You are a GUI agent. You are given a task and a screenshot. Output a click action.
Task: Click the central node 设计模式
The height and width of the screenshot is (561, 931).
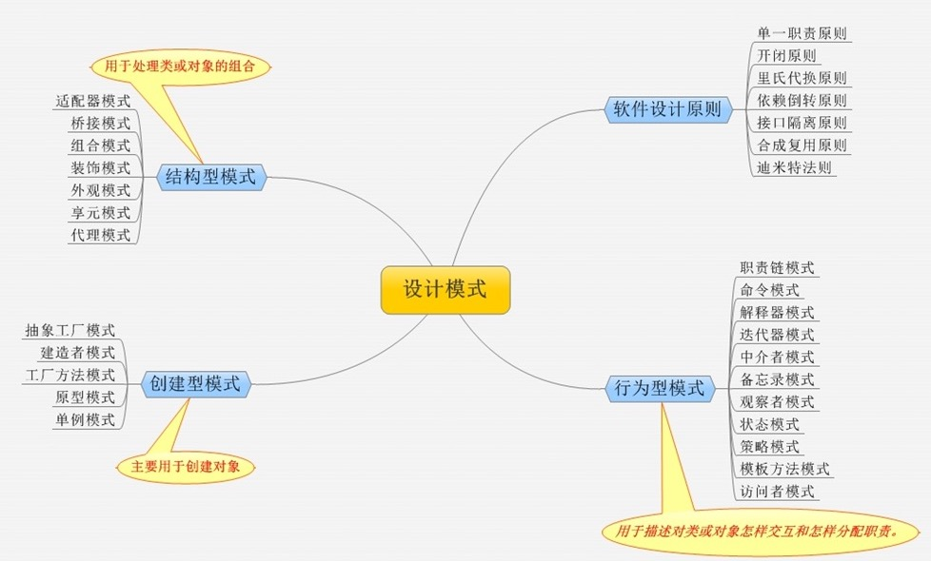[446, 290]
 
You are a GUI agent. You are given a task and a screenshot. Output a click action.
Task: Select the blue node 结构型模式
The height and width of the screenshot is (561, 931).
[210, 176]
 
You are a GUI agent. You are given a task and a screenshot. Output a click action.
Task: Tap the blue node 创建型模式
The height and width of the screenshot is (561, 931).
[196, 384]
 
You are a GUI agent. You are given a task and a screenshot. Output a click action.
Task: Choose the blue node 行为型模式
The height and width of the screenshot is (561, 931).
[659, 388]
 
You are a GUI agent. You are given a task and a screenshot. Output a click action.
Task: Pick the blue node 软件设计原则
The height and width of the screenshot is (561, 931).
[668, 108]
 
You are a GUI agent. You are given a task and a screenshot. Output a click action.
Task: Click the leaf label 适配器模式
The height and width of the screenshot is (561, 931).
[93, 99]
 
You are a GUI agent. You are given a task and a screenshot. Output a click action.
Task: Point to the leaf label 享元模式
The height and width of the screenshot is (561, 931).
[100, 212]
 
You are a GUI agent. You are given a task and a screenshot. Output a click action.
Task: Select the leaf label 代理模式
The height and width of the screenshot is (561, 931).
[100, 235]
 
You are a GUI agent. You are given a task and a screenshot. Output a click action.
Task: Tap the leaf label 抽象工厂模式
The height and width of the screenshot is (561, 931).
[69, 330]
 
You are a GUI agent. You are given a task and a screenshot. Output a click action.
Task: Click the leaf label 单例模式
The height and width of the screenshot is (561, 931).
[85, 418]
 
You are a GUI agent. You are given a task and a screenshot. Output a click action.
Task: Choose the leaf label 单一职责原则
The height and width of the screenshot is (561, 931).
[801, 32]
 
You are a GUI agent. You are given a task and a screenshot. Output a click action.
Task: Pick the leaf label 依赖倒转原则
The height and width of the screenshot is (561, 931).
[801, 100]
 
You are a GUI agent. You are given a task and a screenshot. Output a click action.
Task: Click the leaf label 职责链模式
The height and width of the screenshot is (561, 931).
[777, 268]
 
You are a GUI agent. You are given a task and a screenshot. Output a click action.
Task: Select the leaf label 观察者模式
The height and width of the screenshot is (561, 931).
[777, 402]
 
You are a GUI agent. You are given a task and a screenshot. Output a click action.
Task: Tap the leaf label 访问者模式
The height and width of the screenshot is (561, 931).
[777, 492]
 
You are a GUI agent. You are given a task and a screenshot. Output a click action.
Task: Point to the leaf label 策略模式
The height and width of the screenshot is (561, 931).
[769, 447]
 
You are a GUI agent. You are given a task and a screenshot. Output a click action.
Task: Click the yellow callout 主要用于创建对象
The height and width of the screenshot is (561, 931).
[186, 467]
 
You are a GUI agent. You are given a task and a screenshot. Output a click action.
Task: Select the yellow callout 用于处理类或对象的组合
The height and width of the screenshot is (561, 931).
[180, 68]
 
